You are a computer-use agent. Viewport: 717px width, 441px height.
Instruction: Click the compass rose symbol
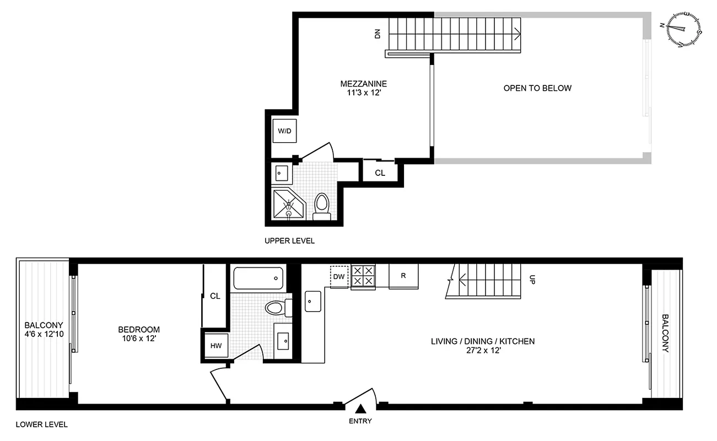pyautogui.click(x=684, y=29)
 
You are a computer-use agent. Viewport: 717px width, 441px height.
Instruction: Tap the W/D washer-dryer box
pyautogui.click(x=284, y=131)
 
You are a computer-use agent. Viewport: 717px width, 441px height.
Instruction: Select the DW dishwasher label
pyautogui.click(x=339, y=276)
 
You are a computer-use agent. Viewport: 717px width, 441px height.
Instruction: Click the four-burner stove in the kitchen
pyautogui.click(x=363, y=276)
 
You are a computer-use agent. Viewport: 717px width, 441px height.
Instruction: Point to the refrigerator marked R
pyautogui.click(x=403, y=276)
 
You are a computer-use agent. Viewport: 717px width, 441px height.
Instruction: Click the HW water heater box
pyautogui.click(x=215, y=346)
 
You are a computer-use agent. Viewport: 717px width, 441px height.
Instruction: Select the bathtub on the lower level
pyautogui.click(x=258, y=279)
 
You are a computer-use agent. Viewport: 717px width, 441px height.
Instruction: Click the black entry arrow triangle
pyautogui.click(x=360, y=409)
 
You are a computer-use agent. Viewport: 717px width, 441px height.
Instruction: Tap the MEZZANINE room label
pyautogui.click(x=363, y=84)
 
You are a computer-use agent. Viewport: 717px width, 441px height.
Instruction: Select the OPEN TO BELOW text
pyautogui.click(x=537, y=88)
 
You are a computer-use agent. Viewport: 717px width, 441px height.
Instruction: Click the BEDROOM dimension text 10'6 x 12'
pyautogui.click(x=139, y=339)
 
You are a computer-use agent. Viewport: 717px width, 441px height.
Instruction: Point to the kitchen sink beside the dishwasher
pyautogui.click(x=313, y=301)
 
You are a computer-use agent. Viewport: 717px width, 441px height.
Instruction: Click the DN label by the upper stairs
pyautogui.click(x=378, y=34)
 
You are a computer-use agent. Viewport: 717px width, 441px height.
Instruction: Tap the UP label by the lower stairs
pyautogui.click(x=532, y=279)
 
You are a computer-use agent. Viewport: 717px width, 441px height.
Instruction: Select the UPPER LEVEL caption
pyautogui.click(x=289, y=241)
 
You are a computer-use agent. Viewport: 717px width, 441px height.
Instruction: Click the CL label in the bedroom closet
pyautogui.click(x=215, y=296)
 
